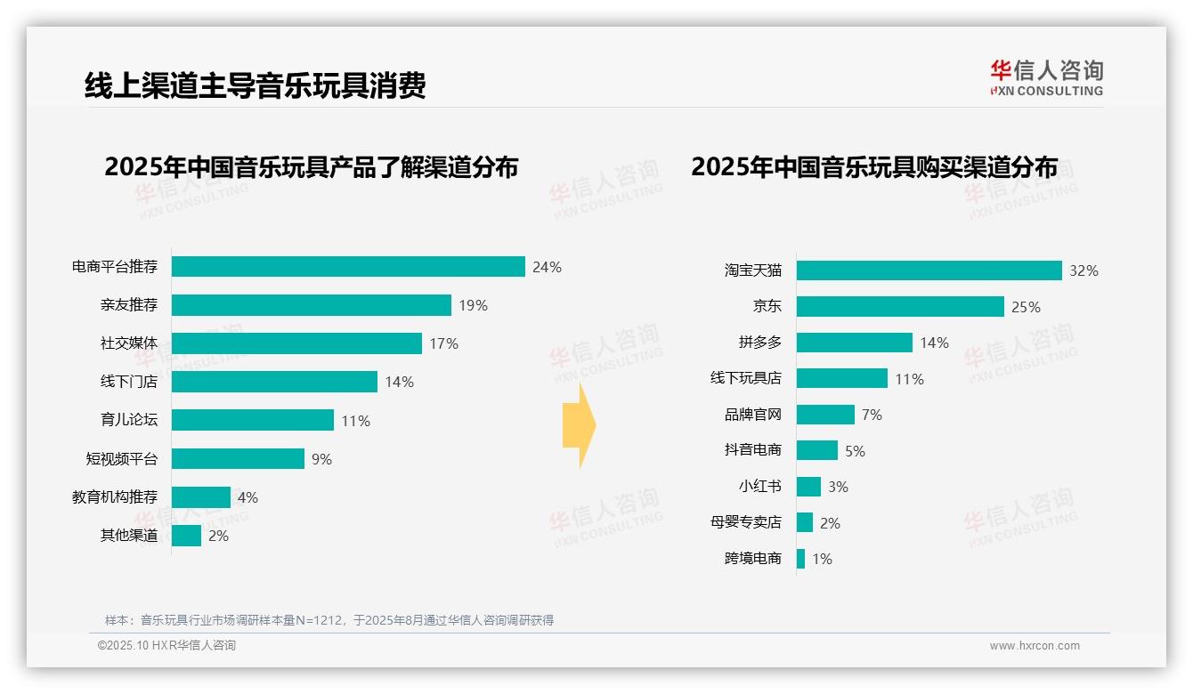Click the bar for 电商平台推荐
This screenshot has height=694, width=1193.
point(348,267)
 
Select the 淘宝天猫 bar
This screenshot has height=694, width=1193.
point(929,270)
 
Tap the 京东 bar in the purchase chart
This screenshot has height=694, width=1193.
point(900,307)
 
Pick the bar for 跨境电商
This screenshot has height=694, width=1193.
point(800,559)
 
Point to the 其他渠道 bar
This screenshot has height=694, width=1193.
point(186,536)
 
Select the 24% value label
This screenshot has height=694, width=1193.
point(547,267)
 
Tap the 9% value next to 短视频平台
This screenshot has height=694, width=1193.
point(321,459)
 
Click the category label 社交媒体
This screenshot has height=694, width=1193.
point(128,343)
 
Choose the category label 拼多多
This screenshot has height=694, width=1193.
point(759,343)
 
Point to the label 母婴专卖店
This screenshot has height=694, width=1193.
point(745,523)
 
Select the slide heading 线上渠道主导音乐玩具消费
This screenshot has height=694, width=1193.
point(255,85)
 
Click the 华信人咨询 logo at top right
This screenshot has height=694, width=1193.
point(1046,78)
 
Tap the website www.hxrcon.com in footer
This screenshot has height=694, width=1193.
point(1035,646)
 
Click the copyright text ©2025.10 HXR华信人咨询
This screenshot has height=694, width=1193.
point(166,646)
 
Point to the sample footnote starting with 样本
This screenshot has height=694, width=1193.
point(329,620)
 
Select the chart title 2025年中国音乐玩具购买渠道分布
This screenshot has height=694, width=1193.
point(874,167)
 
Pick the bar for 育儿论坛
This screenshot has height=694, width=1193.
point(253,420)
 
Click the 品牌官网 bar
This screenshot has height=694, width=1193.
point(825,415)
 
